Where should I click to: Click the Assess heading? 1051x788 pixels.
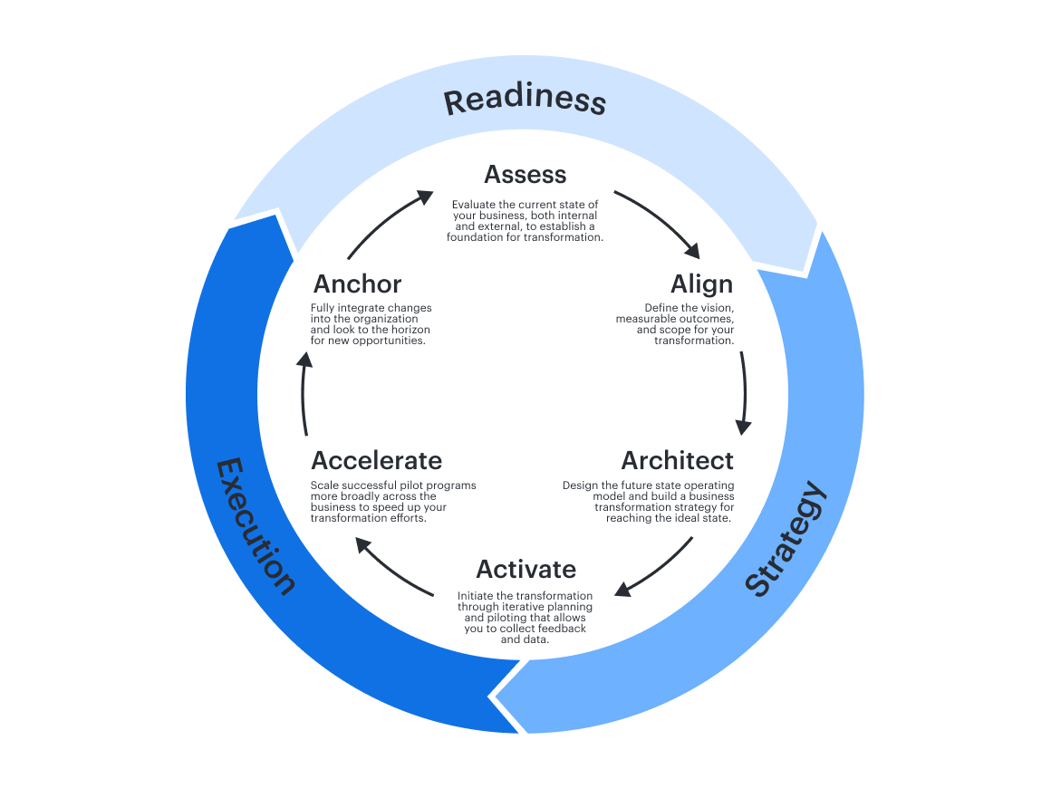pos(525,174)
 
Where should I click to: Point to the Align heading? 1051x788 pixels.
pos(702,283)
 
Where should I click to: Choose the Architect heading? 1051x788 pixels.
pos(678,460)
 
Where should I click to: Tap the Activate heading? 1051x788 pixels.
pos(526,569)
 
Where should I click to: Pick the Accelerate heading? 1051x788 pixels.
pos(377,460)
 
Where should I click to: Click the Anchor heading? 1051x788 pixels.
pos(357,283)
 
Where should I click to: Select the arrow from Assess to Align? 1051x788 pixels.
pos(659,221)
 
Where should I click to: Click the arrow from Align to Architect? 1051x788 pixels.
pos(744,389)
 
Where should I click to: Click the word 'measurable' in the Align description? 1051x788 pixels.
pos(648,319)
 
